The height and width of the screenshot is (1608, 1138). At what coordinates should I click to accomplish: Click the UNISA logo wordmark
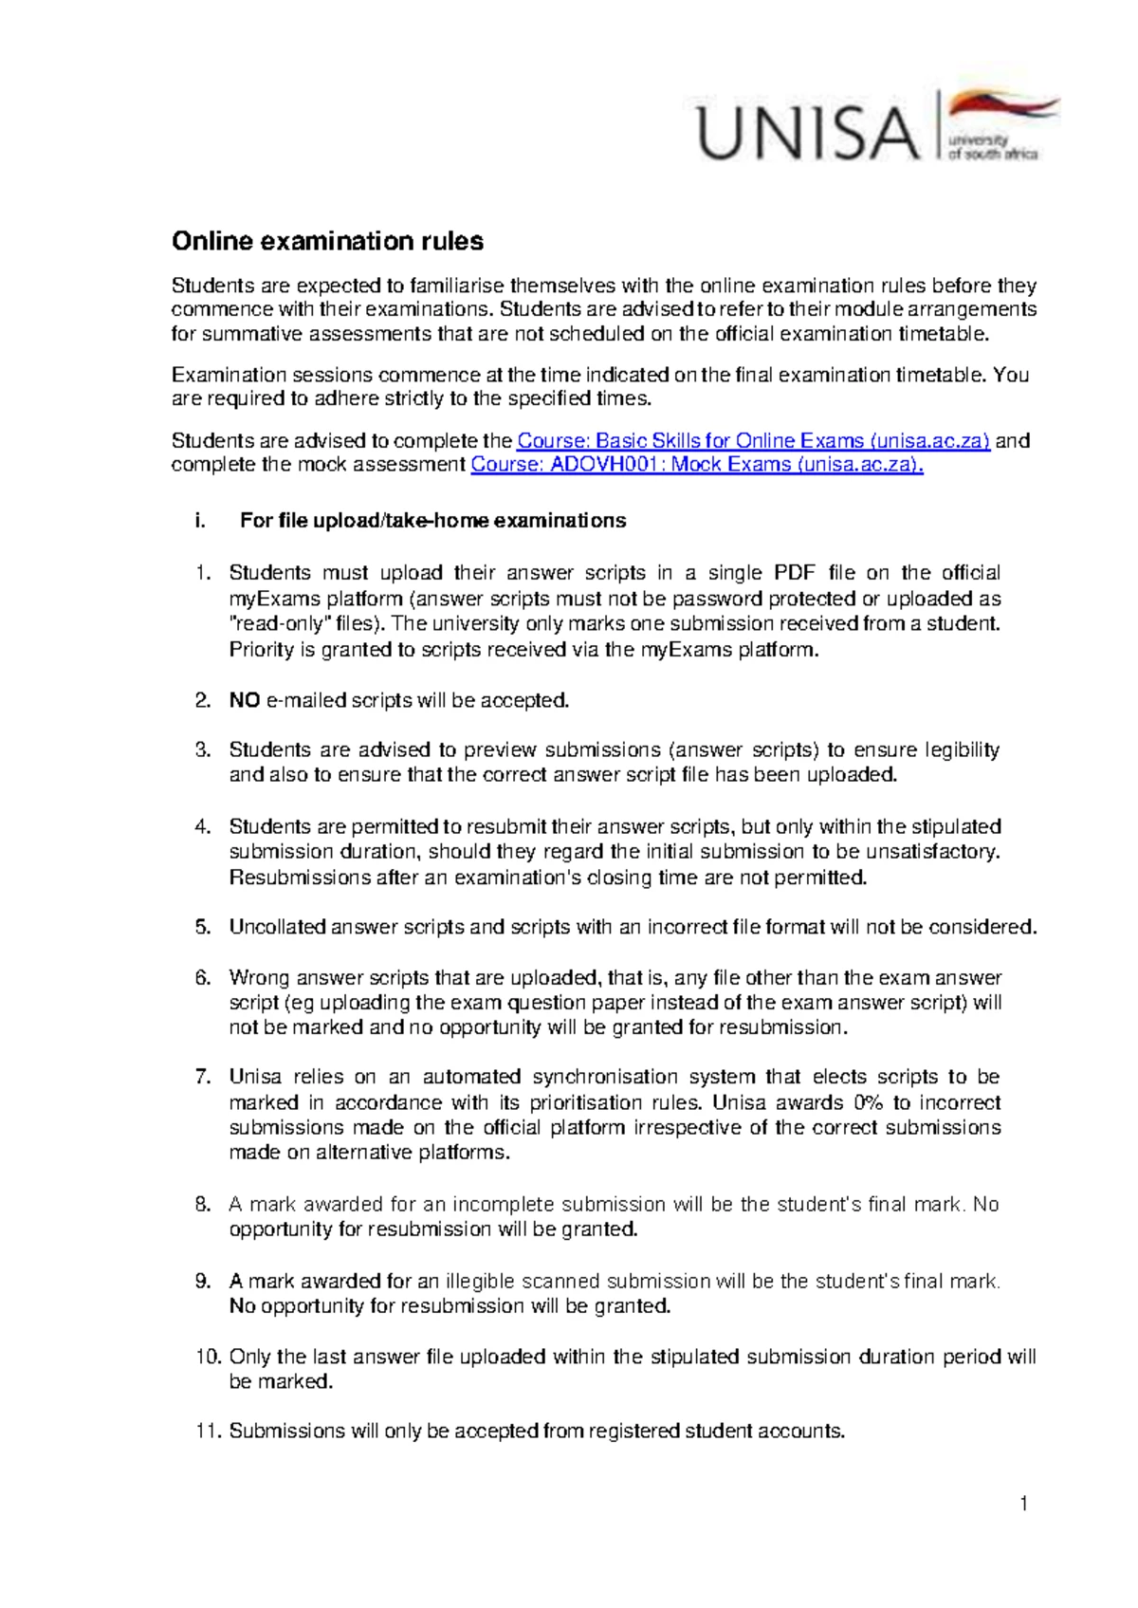tap(809, 134)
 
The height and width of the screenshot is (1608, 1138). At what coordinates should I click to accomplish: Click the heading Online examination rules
tap(327, 241)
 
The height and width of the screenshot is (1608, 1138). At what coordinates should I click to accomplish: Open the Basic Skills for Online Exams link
tap(753, 440)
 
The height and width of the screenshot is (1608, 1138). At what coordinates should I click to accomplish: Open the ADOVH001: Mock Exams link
tap(696, 464)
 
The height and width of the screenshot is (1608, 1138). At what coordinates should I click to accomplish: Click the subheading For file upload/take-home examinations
tap(432, 520)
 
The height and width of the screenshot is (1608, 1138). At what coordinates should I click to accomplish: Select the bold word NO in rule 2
tap(245, 700)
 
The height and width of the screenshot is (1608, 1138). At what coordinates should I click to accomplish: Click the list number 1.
tap(200, 573)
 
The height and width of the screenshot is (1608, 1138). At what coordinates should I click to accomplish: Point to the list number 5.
tap(202, 927)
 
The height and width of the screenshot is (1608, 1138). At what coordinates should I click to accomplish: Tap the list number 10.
tap(208, 1357)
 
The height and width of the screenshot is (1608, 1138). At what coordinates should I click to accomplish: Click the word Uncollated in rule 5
tap(277, 927)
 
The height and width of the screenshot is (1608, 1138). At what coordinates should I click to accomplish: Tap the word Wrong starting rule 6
tap(258, 977)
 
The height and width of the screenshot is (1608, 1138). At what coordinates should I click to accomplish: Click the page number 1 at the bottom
tap(1024, 1503)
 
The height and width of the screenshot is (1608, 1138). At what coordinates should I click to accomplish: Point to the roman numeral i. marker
tap(198, 520)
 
